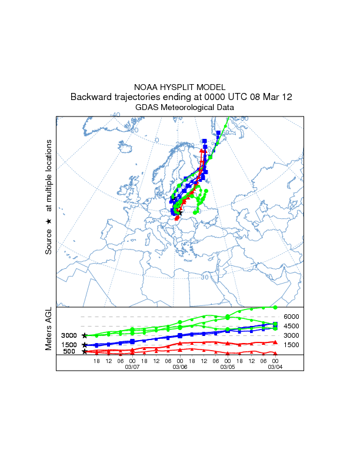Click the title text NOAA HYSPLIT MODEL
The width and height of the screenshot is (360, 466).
click(180, 86)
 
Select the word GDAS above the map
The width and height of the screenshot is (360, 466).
click(148, 108)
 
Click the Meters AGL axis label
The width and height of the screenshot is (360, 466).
click(48, 329)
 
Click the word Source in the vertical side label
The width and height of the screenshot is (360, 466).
click(49, 241)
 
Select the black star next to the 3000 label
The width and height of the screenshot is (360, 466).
click(85, 335)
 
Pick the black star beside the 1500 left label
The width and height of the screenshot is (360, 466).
click(85, 345)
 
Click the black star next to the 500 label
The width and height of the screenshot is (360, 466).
click(85, 351)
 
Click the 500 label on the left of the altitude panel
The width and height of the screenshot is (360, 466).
click(69, 351)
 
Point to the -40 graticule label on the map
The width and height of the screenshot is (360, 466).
click(115, 115)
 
